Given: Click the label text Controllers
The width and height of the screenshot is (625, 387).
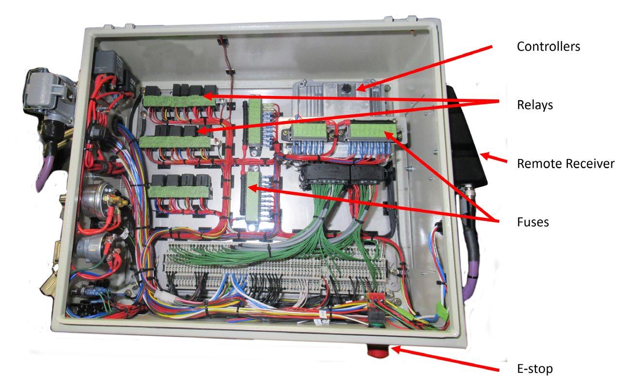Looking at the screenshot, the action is tap(548, 46).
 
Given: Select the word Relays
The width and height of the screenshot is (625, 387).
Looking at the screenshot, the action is tap(534, 105).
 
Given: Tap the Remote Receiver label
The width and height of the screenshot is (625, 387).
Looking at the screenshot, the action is tap(565, 164).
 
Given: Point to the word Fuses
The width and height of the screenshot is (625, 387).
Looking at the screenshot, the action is tap(533, 222).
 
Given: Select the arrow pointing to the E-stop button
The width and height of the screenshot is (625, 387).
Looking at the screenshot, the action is tap(445, 359).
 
